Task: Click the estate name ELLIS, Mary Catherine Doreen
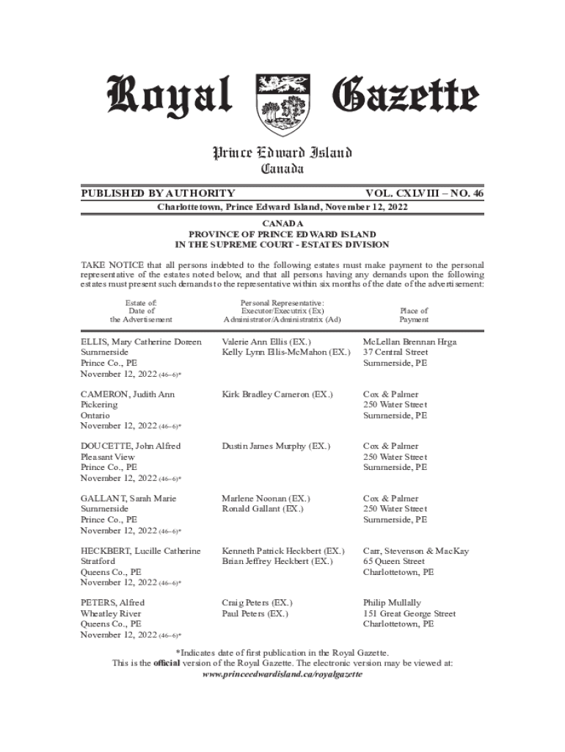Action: [x=141, y=342]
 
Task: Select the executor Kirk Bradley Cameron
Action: [x=277, y=394]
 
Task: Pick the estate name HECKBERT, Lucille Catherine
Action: [x=140, y=551]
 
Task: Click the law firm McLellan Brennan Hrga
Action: [x=409, y=342]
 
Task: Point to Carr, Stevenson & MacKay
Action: [x=416, y=551]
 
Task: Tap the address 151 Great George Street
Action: [x=409, y=613]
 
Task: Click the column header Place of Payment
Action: [x=414, y=315]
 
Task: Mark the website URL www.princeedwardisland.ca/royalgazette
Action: [x=282, y=673]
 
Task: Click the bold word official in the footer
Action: [x=166, y=662]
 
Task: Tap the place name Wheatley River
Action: [x=111, y=613]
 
